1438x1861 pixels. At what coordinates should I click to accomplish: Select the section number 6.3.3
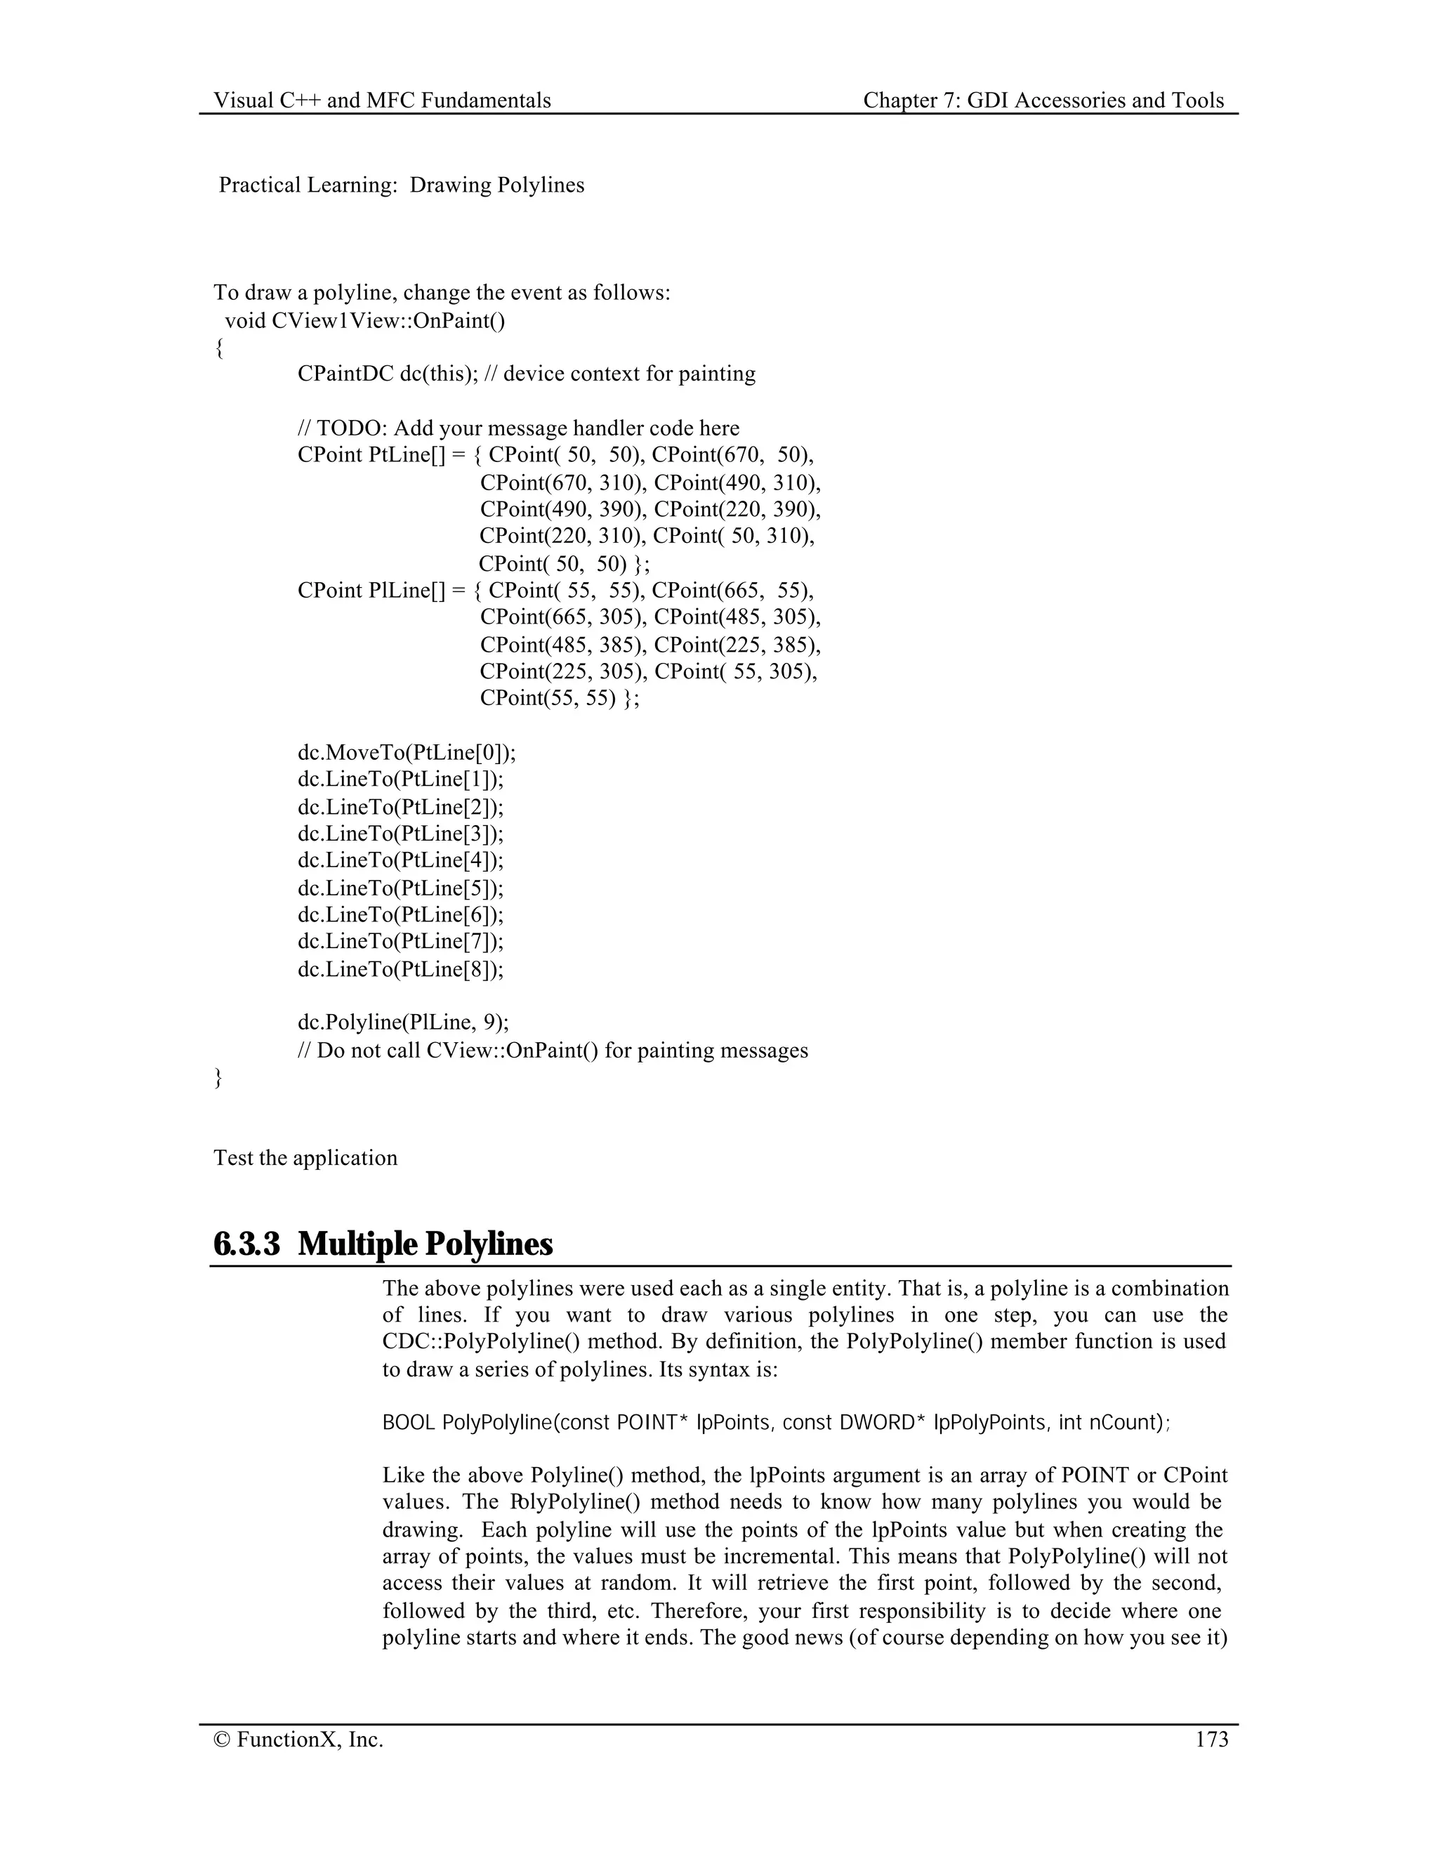click(246, 1244)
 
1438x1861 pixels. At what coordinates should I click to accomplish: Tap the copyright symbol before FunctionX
click(223, 1740)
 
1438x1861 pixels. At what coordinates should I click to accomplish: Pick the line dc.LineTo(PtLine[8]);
click(400, 969)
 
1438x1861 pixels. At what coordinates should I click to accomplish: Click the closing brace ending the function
click(218, 1078)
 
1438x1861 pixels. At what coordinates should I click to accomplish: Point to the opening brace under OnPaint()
click(219, 348)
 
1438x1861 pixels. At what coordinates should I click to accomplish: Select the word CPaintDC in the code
click(345, 374)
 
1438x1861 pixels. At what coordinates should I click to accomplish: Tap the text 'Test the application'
click(305, 1158)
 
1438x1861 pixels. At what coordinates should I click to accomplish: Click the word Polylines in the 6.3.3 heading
click(488, 1244)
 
